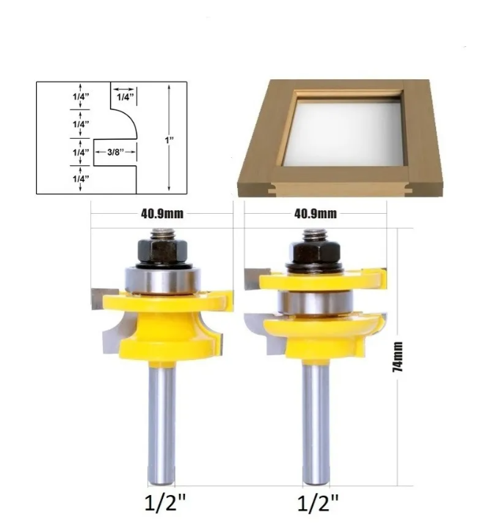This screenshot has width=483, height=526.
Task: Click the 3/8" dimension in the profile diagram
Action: point(116,152)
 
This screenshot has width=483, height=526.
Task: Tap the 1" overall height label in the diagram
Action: point(170,140)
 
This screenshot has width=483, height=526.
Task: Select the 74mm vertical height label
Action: point(398,357)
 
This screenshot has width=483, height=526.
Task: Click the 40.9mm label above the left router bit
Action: point(162,214)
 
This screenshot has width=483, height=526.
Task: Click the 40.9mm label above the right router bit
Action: point(316,214)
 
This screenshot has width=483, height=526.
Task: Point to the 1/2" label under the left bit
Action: point(165,502)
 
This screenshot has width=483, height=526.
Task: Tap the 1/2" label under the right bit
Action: point(318,502)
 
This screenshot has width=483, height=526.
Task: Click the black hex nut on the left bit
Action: point(162,251)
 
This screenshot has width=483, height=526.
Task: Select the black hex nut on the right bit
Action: point(315,251)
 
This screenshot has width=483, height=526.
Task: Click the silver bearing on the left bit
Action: point(163,280)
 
